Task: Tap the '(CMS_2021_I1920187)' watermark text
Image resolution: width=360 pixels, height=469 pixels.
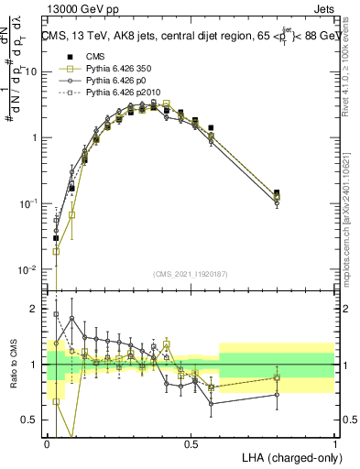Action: (x=191, y=273)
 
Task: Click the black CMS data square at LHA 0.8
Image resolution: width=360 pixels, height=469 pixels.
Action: (x=278, y=193)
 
